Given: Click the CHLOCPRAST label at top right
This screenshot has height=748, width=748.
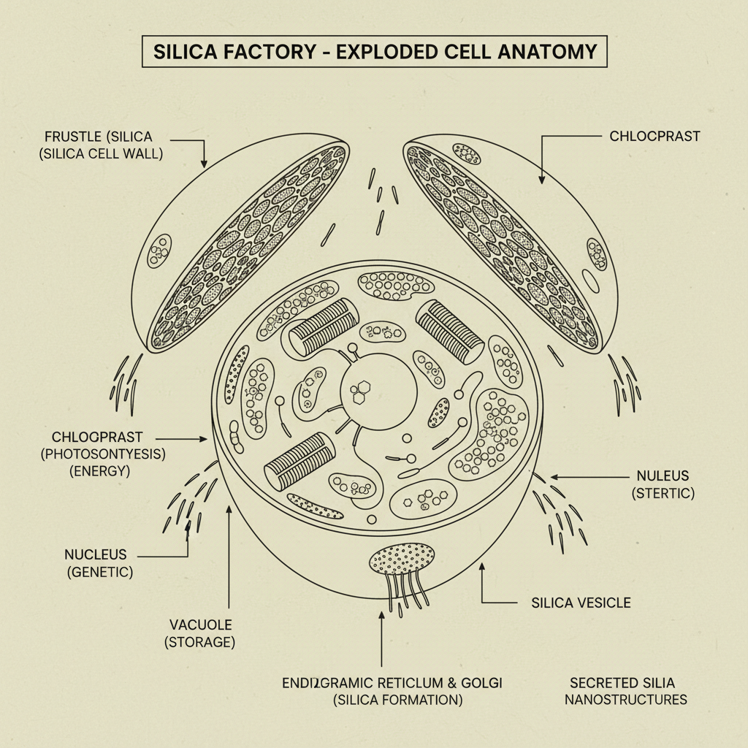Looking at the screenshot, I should tap(654, 136).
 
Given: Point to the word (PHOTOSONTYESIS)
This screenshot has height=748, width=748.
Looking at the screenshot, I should tap(103, 454).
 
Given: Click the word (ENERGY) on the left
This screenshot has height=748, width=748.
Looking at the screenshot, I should tap(100, 471).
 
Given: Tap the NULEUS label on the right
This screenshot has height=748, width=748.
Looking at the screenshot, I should tap(662, 476).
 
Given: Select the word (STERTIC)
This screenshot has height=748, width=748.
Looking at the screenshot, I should tap(663, 494).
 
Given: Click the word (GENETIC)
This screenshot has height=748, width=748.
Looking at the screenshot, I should tap(99, 572).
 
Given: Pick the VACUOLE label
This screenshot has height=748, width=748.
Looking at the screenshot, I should tap(200, 625).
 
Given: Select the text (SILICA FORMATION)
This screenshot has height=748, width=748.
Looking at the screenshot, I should tap(397, 700).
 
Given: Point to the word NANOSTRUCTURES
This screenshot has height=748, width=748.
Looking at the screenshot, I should tap(628, 700).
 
